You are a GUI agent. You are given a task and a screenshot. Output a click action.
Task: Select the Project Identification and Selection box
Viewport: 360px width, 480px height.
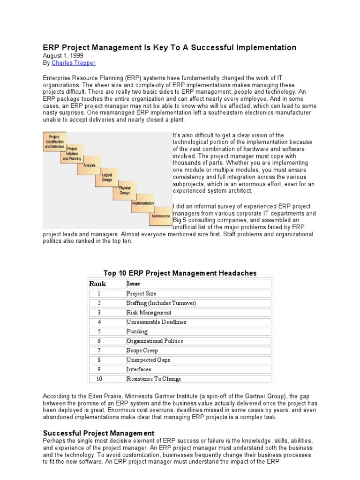tap(54, 142)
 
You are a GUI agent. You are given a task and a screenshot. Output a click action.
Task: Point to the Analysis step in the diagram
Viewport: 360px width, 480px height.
tap(89, 165)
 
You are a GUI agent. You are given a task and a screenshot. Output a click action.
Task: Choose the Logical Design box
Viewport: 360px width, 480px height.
tap(107, 178)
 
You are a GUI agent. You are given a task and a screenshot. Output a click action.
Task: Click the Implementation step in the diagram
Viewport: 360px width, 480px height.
tap(142, 203)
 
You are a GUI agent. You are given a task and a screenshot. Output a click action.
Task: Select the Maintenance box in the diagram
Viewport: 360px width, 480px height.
tap(160, 216)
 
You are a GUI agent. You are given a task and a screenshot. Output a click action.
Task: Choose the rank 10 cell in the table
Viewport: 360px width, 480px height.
tap(99, 379)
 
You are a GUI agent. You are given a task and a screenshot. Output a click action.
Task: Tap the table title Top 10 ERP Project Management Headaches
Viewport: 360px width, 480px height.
tap(180, 273)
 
